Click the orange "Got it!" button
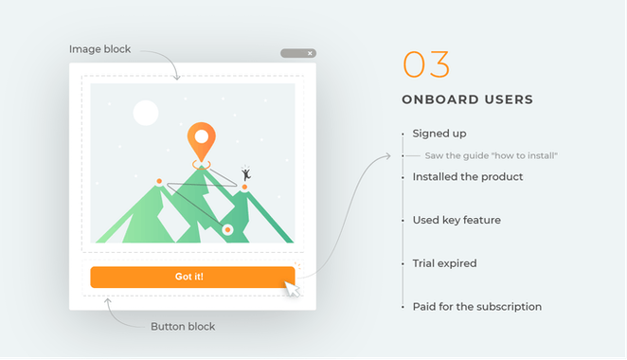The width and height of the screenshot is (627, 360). click(x=192, y=277)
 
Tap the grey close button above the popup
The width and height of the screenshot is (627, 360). click(x=298, y=53)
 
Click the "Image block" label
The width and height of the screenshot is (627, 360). click(x=100, y=49)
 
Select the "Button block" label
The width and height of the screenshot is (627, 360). click(x=183, y=327)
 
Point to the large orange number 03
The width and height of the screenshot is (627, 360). click(x=426, y=64)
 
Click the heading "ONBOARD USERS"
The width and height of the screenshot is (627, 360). click(x=467, y=99)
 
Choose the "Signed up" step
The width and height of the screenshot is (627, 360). click(x=439, y=134)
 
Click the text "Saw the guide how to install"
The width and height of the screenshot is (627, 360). click(x=491, y=155)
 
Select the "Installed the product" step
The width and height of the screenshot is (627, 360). click(x=468, y=177)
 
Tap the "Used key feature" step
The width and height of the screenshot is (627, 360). click(x=457, y=220)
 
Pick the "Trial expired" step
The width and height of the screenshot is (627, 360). click(x=444, y=263)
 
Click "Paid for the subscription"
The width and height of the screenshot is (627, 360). click(x=477, y=307)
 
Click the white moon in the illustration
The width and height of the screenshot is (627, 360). click(x=145, y=113)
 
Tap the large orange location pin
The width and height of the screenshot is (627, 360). click(x=200, y=140)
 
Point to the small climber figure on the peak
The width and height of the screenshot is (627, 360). click(x=245, y=173)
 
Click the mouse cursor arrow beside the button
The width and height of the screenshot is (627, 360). click(x=293, y=287)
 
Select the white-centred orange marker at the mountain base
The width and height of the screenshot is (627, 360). click(x=227, y=229)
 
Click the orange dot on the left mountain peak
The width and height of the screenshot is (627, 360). click(x=159, y=180)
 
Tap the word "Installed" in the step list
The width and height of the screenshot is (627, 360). click(x=434, y=177)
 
